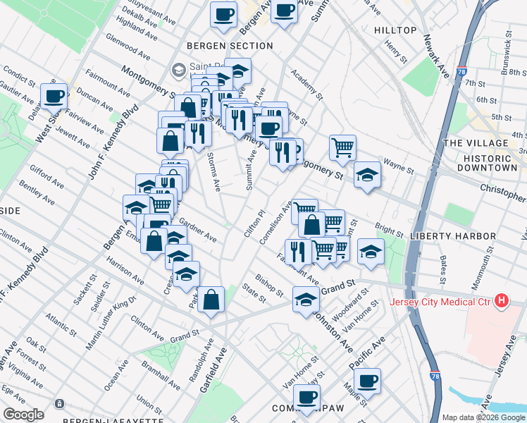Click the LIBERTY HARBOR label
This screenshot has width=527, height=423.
click(x=455, y=235)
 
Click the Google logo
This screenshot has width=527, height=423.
click(x=23, y=415)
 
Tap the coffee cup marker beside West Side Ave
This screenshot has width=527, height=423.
click(x=54, y=96)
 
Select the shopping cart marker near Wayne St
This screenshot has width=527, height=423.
click(x=342, y=147)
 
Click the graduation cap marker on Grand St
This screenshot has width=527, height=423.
click(x=306, y=300)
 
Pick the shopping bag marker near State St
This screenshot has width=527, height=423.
click(x=211, y=300)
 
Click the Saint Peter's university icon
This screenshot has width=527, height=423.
click(x=178, y=70)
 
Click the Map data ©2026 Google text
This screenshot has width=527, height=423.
click(x=482, y=417)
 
